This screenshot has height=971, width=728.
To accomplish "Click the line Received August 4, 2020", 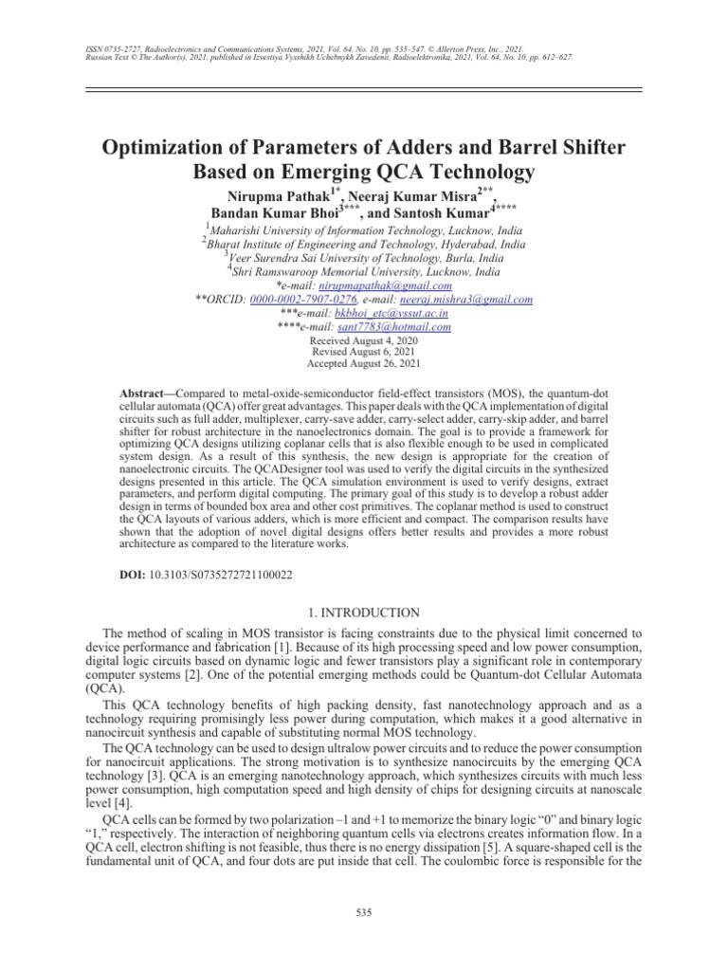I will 363,339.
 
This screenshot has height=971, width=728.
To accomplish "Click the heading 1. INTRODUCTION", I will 363,613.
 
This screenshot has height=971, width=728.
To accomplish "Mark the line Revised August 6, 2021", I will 363,351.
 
